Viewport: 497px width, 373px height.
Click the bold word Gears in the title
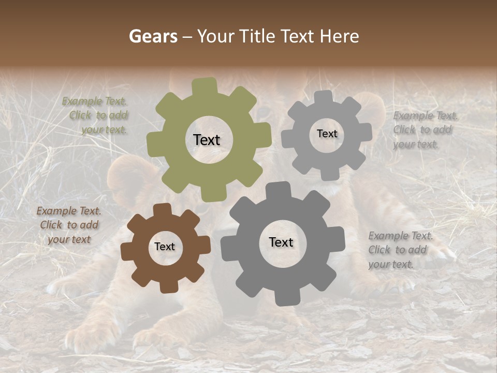pyautogui.click(x=153, y=36)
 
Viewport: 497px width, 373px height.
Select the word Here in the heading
pyautogui.click(x=339, y=36)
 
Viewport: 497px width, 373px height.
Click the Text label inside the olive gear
pyautogui.click(x=207, y=140)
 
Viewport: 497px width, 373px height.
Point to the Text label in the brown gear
pyautogui.click(x=165, y=247)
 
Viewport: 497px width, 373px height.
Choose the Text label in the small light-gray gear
pyautogui.click(x=327, y=134)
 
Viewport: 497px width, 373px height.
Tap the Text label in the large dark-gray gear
pyautogui.click(x=281, y=242)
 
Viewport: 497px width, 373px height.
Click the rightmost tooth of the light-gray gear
pyautogui.click(x=366, y=133)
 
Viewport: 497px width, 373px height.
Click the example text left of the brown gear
pyautogui.click(x=69, y=225)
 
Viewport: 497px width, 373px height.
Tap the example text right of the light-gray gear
pyautogui.click(x=423, y=130)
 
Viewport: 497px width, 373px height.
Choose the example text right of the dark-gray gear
pyautogui.click(x=399, y=250)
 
